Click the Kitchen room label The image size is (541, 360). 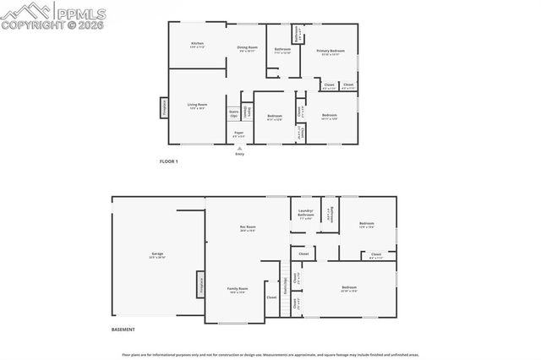[x=197, y=44]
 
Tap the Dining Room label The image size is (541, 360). [x=247, y=48]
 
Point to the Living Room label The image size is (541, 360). [x=197, y=106]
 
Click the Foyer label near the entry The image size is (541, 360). [x=239, y=134]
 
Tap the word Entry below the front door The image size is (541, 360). [x=239, y=154]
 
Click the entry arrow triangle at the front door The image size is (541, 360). [x=239, y=147]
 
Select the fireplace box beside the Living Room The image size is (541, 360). [x=164, y=108]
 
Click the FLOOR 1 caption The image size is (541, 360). [x=169, y=161]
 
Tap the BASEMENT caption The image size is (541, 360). [x=123, y=330]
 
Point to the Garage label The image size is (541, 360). [x=157, y=255]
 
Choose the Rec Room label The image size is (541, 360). [x=247, y=228]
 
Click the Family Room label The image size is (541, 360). [x=238, y=290]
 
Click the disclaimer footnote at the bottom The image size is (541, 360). [x=270, y=355]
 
